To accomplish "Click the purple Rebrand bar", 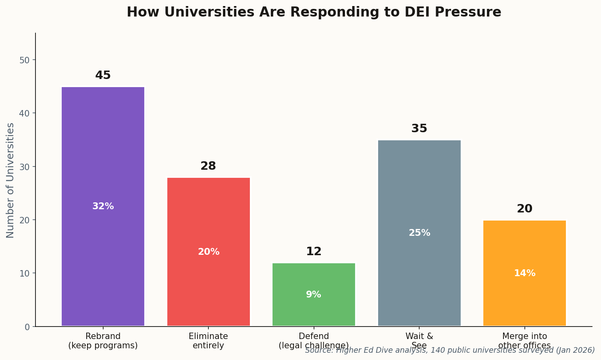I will click(103, 161).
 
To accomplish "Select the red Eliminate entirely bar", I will click(208, 218).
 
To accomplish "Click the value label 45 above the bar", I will click(103, 75).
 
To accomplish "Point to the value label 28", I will click(208, 166).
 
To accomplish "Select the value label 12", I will click(314, 252).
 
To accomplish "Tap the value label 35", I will click(419, 129).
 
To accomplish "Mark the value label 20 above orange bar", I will click(524, 209).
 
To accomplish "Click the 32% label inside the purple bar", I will click(103, 206).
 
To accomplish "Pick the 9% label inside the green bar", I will click(314, 295).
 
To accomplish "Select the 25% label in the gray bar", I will click(419, 233).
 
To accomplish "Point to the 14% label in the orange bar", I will click(524, 273).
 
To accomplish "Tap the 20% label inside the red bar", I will click(208, 252).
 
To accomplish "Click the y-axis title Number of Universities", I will click(10, 180).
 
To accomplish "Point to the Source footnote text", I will click(449, 350).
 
